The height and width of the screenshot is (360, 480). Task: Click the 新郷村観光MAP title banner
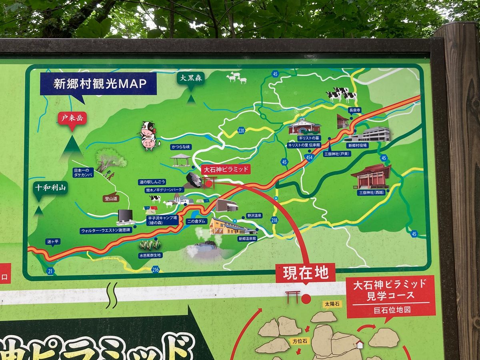pos(98,84)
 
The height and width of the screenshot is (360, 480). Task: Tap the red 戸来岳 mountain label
pos(72,118)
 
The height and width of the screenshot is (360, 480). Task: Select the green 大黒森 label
pos(191,78)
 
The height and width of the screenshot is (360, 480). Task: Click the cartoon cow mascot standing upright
pos(149,136)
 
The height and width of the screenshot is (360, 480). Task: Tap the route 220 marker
pos(241,130)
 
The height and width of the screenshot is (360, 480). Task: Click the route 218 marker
pos(274,220)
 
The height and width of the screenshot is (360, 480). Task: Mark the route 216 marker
pos(156,270)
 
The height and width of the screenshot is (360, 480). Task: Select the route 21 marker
pos(50,271)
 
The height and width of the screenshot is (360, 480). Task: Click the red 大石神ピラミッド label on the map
pos(226,169)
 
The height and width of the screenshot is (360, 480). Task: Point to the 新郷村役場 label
pos(356,146)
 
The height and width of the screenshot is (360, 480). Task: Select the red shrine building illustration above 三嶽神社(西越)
pos(371,176)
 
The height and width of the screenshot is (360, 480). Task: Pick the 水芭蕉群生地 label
pos(150,255)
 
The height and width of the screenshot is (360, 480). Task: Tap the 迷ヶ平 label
pos(52,241)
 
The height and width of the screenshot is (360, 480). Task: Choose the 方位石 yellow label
pos(299,341)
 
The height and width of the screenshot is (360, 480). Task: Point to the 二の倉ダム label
pos(197,221)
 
